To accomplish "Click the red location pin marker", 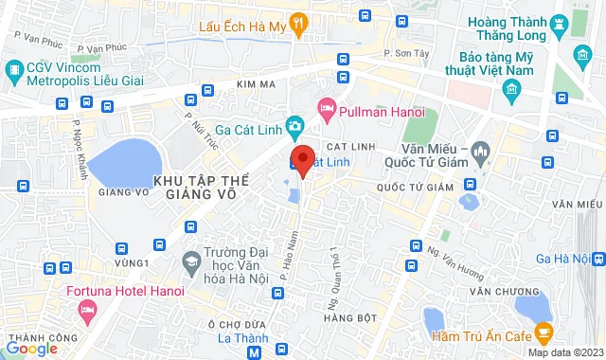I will [x=302, y=160].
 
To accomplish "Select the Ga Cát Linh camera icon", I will [x=296, y=125].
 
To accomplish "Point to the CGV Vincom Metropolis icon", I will [x=14, y=69].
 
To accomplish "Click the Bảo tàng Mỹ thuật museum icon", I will [x=513, y=91].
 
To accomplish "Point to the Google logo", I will [x=31, y=349].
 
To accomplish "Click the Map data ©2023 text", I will [x=564, y=353].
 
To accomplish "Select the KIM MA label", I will [x=256, y=84].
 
